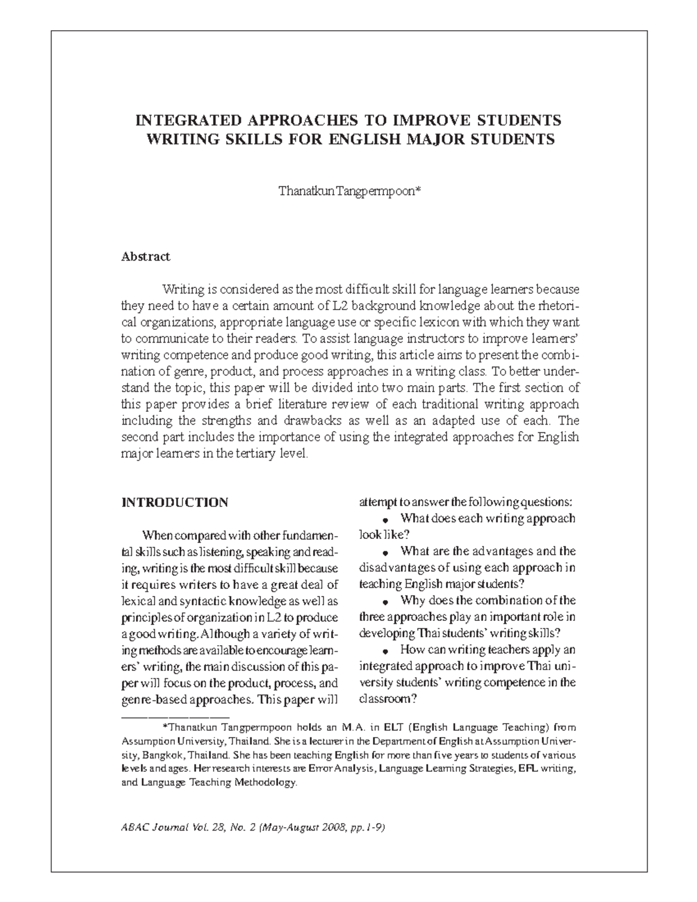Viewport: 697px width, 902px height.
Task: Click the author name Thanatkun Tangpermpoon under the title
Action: (x=345, y=191)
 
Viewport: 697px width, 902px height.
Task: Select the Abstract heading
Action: (x=145, y=256)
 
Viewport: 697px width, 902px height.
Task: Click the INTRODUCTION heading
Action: (x=174, y=502)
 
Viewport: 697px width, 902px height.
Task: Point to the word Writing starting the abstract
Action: (x=182, y=289)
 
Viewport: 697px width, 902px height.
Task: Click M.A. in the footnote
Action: (x=355, y=727)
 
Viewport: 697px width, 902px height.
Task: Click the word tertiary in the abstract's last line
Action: (x=252, y=454)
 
